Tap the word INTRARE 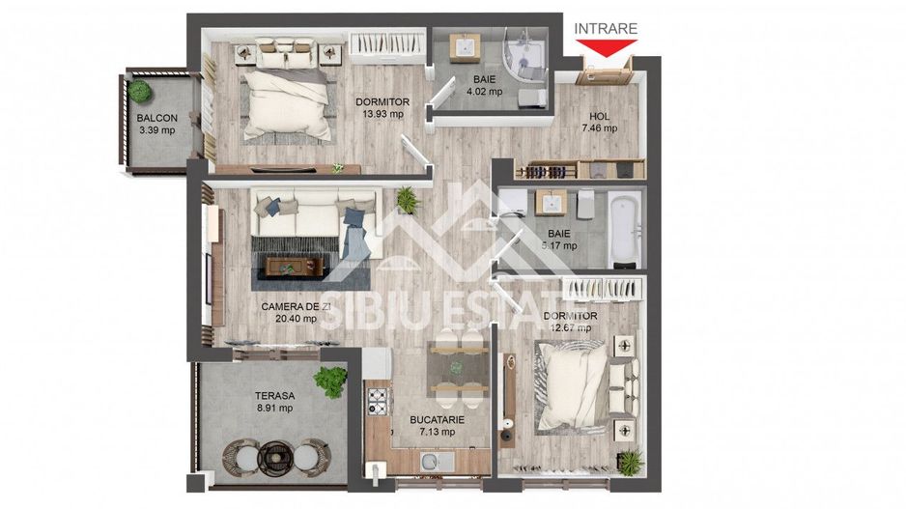(606, 28)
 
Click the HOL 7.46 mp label (600, 123)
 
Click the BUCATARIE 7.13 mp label (438, 426)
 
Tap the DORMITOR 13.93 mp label (382, 107)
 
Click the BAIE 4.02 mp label (484, 86)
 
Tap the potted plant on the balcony (141, 91)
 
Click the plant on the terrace (331, 381)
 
